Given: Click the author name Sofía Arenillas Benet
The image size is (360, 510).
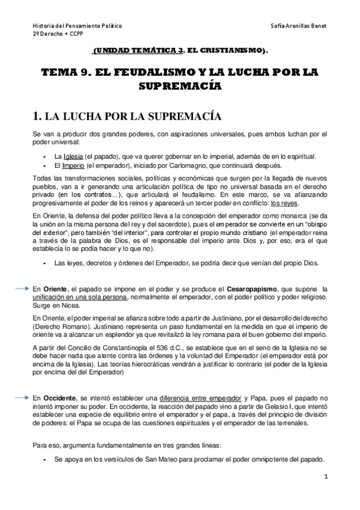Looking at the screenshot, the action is point(297,27).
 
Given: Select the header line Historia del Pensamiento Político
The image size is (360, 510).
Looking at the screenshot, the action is point(76,27).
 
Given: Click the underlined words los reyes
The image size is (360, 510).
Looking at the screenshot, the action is point(284,203).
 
